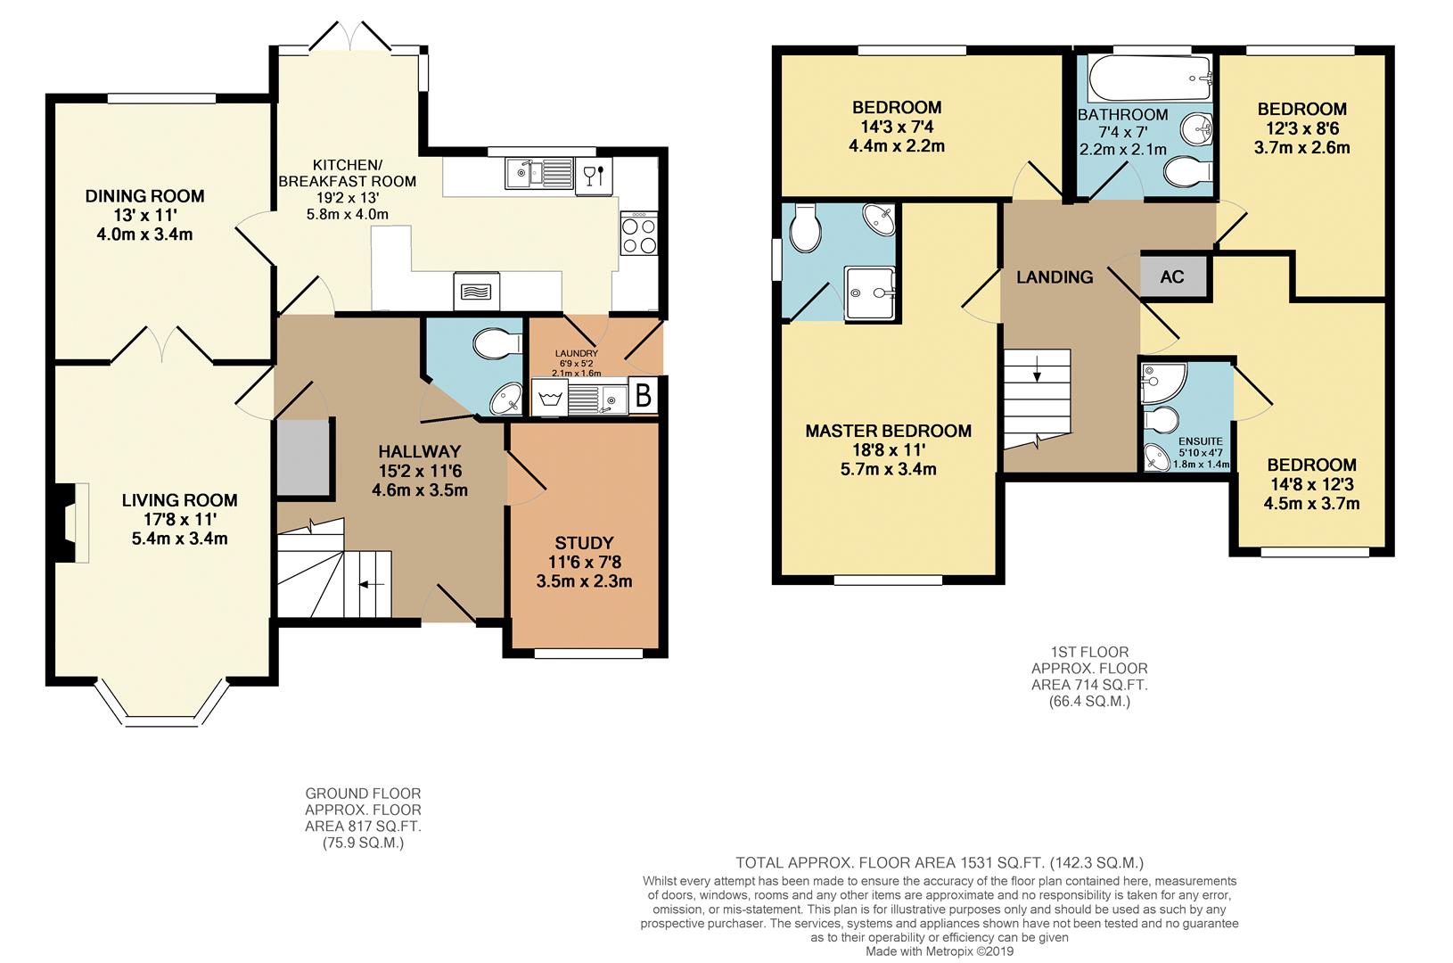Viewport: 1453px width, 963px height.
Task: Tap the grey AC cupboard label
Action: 1172,277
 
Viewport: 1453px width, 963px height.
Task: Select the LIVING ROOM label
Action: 180,500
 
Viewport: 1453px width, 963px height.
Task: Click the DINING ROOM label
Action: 144,196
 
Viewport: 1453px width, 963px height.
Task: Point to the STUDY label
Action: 584,543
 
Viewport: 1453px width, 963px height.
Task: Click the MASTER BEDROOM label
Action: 888,432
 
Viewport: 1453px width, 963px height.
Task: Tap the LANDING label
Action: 1055,277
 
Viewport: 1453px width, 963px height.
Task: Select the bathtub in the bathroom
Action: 1150,78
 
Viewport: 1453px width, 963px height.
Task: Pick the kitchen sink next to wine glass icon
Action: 538,174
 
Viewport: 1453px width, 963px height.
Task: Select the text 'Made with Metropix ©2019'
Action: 940,951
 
